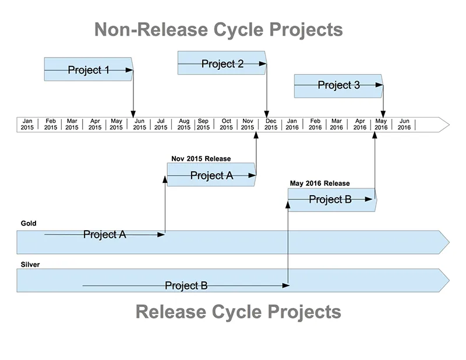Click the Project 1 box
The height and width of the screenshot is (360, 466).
click(x=89, y=69)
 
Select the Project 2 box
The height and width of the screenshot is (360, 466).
click(x=222, y=63)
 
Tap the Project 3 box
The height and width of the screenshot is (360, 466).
click(x=338, y=86)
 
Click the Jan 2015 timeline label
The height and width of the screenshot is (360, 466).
click(x=27, y=124)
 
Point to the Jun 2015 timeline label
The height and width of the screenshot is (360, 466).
click(x=139, y=124)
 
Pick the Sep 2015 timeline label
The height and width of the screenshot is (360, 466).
click(x=203, y=124)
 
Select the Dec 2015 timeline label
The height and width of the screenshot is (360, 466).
click(x=271, y=124)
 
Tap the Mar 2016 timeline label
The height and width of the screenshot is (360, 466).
click(x=337, y=124)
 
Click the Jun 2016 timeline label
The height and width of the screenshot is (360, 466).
click(x=404, y=124)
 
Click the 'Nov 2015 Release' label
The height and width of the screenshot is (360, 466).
click(x=201, y=158)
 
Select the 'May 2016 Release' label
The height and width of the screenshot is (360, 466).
click(x=320, y=183)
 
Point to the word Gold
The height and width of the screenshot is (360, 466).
click(x=29, y=223)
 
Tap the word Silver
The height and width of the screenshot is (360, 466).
click(x=30, y=264)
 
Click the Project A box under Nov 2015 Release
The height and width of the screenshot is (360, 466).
click(x=211, y=175)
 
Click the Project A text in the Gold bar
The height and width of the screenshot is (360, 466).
click(x=104, y=235)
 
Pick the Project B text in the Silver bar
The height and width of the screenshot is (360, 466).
click(x=186, y=285)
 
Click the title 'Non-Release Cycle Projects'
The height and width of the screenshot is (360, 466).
click(x=218, y=29)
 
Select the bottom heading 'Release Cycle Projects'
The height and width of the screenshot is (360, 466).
click(x=238, y=312)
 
